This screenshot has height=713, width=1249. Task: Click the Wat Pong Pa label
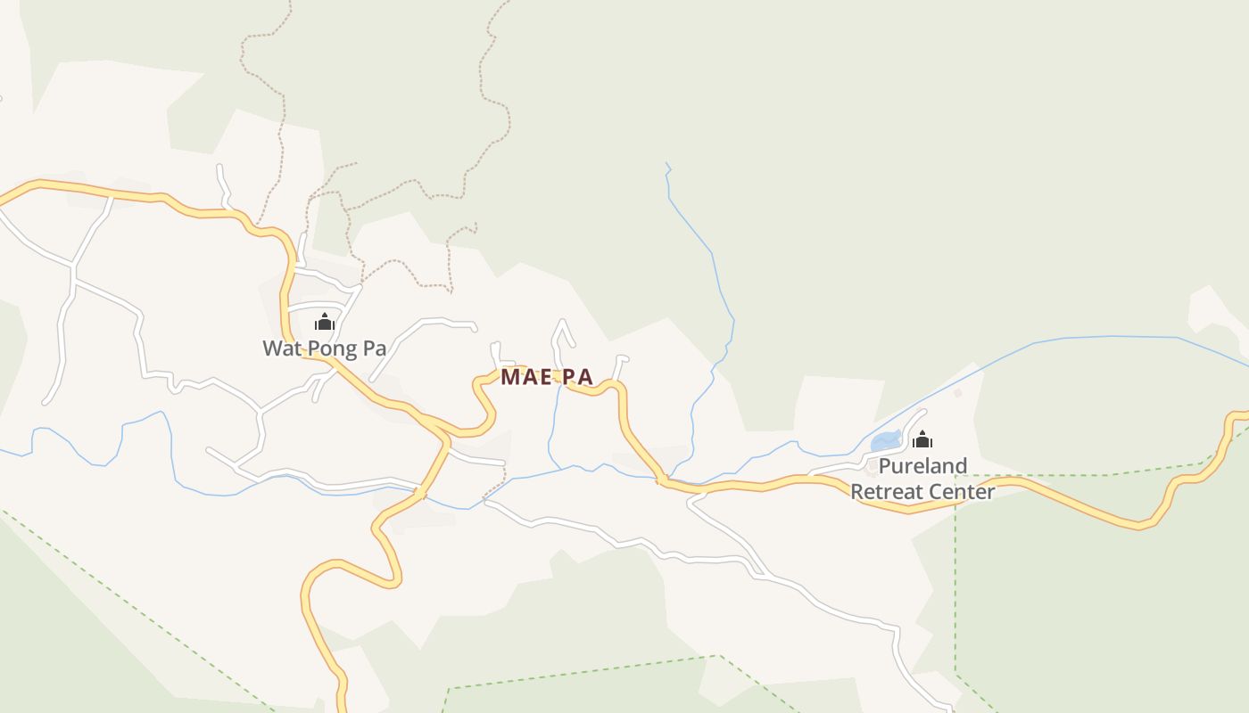[x=325, y=348]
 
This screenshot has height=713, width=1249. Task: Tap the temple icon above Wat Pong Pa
[x=325, y=322]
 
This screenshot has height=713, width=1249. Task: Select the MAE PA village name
[x=546, y=377]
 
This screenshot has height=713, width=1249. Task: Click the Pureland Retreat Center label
[x=922, y=479]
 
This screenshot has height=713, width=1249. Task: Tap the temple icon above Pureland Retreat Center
[x=922, y=439]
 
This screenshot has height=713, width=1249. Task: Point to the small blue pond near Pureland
[x=884, y=441]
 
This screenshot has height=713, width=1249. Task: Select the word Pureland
[x=922, y=466]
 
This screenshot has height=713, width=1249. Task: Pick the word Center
[x=964, y=492]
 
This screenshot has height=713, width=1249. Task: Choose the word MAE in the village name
[x=522, y=377]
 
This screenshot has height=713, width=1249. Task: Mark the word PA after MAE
[x=578, y=377]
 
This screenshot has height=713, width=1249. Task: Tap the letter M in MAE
[x=509, y=377]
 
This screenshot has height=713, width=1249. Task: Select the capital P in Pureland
[x=884, y=466]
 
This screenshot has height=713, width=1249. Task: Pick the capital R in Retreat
[x=856, y=492]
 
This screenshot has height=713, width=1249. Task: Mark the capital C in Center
[x=939, y=492]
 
